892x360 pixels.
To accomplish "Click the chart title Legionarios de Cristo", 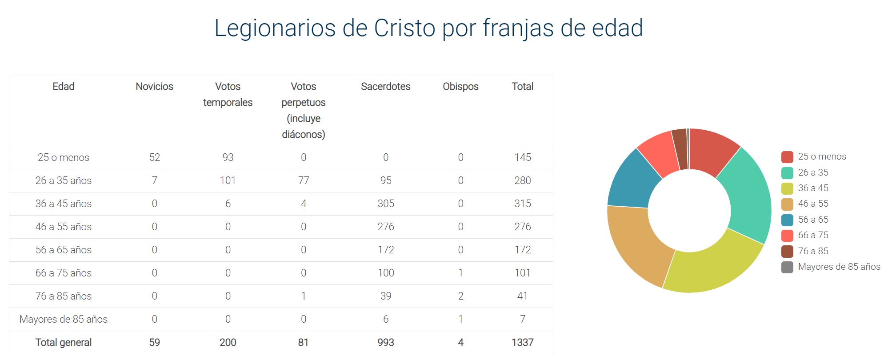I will tap(428, 28).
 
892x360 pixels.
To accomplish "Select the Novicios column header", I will tap(154, 86).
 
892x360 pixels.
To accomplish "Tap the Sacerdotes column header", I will tap(385, 86).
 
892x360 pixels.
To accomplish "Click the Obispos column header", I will tap(460, 86).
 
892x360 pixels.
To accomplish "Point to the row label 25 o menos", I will tap(64, 157).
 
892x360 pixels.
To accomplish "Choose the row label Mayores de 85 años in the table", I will tap(64, 319).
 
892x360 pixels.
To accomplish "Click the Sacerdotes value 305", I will tap(385, 204).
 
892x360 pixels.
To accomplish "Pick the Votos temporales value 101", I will tap(228, 180).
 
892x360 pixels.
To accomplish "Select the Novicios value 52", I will tap(154, 157).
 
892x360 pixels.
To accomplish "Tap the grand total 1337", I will tap(522, 342).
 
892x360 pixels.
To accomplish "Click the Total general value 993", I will tap(385, 342).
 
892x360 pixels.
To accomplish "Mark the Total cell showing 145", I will tap(522, 157).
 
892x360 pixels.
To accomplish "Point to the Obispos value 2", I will tap(460, 296).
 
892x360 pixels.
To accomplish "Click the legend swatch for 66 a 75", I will tap(787, 236).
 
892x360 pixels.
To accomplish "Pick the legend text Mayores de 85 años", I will tap(839, 267).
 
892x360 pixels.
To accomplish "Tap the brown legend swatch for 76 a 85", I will tap(787, 251).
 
